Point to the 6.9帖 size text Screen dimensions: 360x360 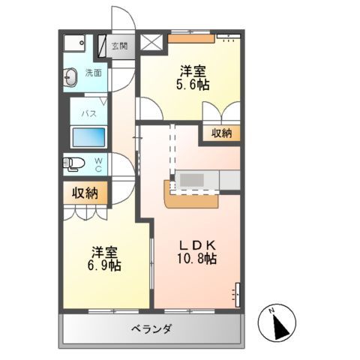click(x=105, y=265)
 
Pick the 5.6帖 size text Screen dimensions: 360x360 click(x=193, y=85)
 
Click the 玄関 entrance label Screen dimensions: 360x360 click(x=119, y=46)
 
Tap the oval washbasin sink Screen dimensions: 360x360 click(x=71, y=75)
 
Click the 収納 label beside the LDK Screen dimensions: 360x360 click(x=220, y=133)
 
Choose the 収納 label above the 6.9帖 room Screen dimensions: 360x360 click(x=85, y=193)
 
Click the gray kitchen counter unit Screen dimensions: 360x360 click(x=199, y=181)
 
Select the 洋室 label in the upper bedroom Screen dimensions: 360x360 click(x=193, y=71)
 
